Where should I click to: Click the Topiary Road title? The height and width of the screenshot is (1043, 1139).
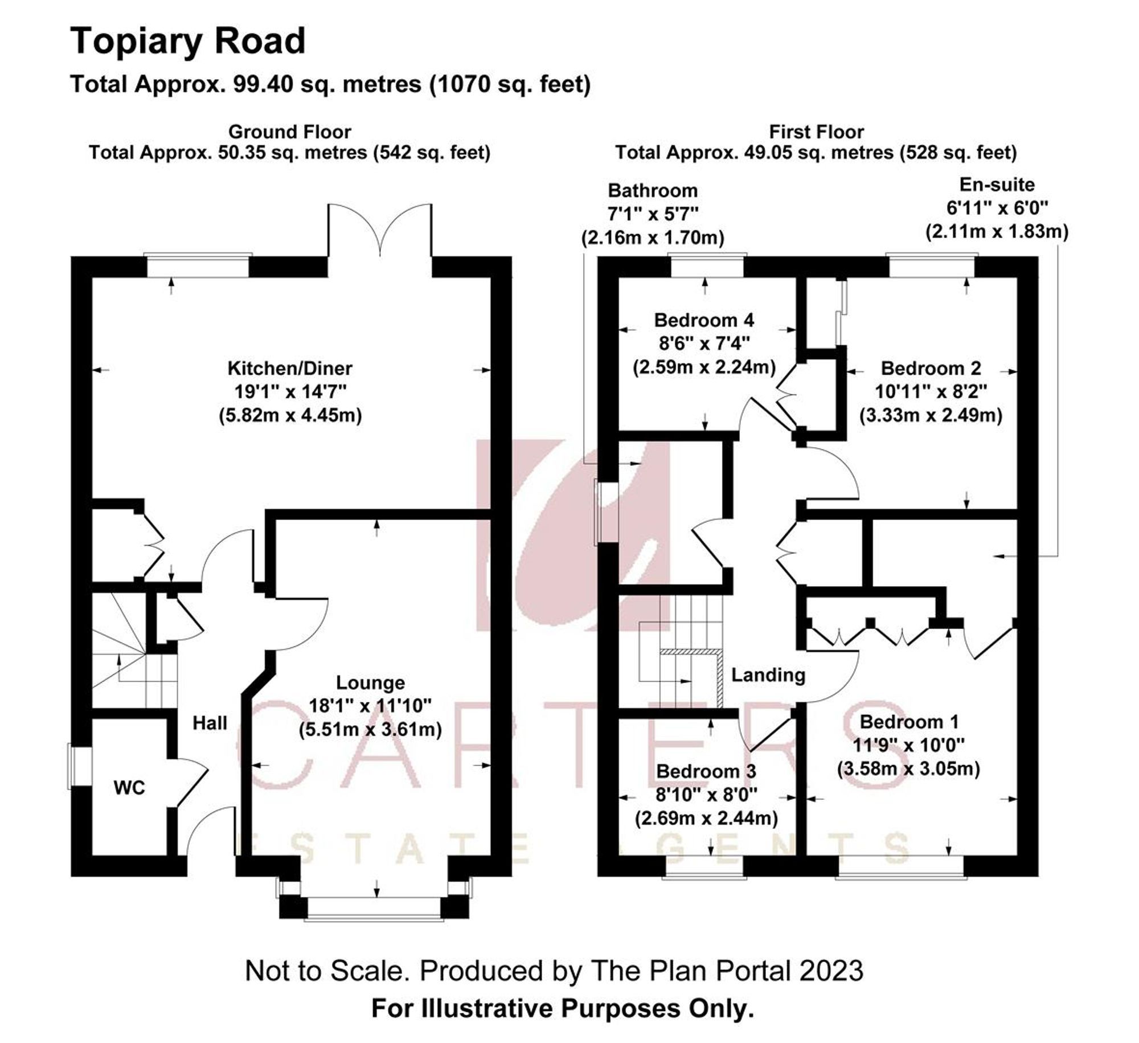coord(188,42)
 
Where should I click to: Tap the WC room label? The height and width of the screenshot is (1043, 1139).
coord(129,788)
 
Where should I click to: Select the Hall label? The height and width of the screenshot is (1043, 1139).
coord(210,723)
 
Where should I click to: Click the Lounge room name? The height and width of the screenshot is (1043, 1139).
coord(370,682)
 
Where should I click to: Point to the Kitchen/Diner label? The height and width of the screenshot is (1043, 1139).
coord(290,368)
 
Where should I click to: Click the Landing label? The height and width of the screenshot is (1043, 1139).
coord(768,675)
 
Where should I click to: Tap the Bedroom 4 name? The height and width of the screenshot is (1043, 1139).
coord(704,320)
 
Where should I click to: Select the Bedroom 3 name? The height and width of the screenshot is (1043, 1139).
coord(706,771)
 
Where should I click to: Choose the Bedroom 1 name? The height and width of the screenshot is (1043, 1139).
coord(909,722)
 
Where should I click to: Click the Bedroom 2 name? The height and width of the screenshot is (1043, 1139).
coord(931,368)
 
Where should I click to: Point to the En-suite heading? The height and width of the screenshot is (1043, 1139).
coord(997,185)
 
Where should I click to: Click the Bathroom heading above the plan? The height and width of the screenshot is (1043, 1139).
coord(653,190)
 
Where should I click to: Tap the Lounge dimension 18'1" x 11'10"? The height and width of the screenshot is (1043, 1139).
coord(370,706)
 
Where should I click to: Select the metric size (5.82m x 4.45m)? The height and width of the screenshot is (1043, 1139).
coord(290,415)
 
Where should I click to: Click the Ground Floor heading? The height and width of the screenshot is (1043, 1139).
coord(290,132)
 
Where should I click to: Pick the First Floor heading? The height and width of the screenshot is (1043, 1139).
coord(816,132)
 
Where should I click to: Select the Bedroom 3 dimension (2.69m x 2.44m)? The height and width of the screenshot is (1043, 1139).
coord(706,819)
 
